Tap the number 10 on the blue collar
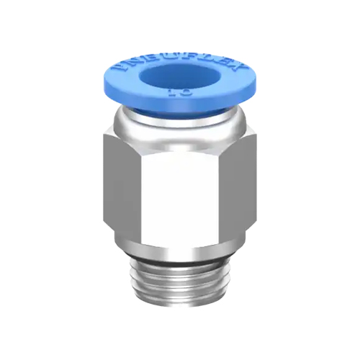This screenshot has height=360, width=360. pos(179,94)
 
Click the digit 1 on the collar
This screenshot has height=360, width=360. pos(175,94)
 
